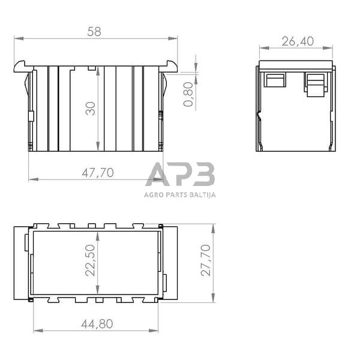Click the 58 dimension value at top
tap(94, 32)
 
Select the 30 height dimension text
tap(91, 109)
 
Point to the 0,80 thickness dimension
tap(188, 95)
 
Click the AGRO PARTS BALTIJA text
tap(180, 194)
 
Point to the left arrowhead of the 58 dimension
tap(17, 39)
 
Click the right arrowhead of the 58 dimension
tap(175, 39)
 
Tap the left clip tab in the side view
tap(275, 80)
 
